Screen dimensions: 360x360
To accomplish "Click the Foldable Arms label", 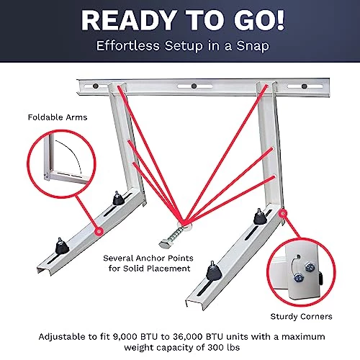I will coord(55,117).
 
